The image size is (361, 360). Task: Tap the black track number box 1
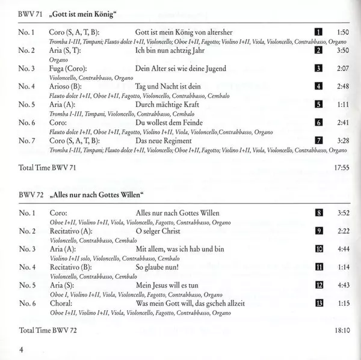pyautogui.click(x=319, y=31)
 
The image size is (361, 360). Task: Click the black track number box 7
pyautogui.click(x=319, y=141)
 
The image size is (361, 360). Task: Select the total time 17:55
pyautogui.click(x=342, y=167)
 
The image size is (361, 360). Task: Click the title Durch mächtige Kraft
pyautogui.click(x=167, y=104)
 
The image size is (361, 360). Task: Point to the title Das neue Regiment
pyautogui.click(x=164, y=141)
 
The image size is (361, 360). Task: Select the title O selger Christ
pyautogui.click(x=162, y=230)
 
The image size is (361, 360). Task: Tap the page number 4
pyautogui.click(x=21, y=350)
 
